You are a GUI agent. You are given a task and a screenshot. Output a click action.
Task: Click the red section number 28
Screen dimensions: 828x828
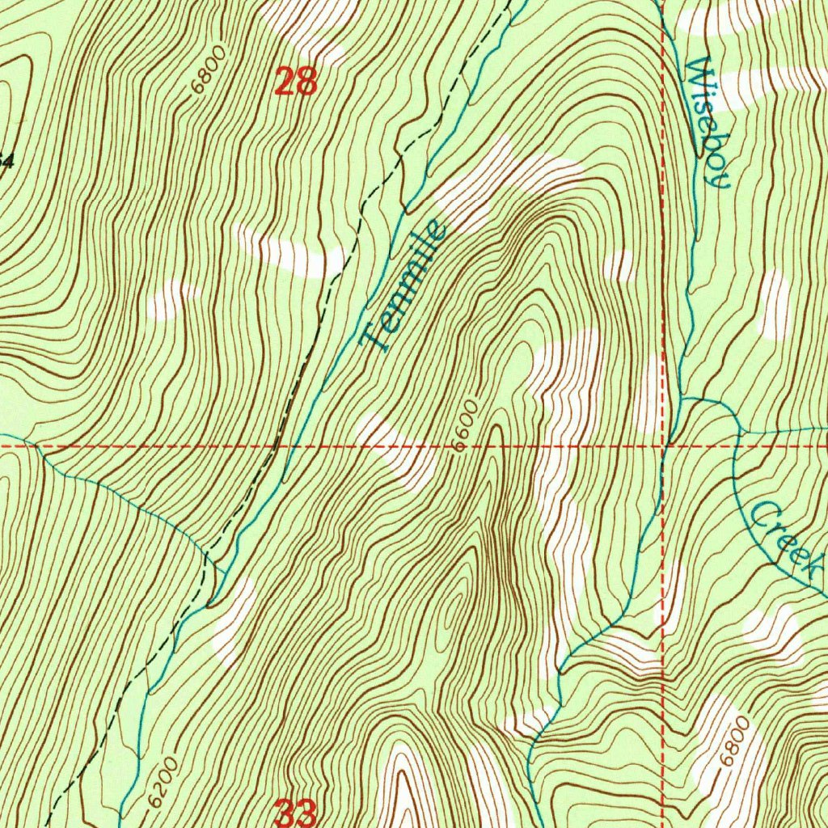point(295,82)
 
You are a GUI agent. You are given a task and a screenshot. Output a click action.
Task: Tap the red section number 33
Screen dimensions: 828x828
point(295,813)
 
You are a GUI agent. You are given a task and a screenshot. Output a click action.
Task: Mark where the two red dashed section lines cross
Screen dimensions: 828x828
point(665,445)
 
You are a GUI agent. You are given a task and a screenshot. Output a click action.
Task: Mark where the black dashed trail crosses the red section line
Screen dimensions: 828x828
point(276,446)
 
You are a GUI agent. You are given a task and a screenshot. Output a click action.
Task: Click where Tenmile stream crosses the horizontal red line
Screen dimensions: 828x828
point(293,446)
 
